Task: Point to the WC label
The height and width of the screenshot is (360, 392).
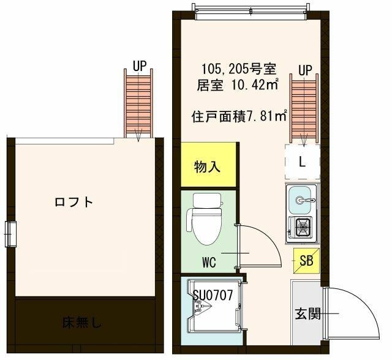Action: (209, 263)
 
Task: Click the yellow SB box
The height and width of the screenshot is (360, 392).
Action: (306, 260)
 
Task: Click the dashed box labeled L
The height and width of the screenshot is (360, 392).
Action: (302, 162)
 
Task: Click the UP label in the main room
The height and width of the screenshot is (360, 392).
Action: (306, 70)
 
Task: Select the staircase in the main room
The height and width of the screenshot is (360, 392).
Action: (304, 110)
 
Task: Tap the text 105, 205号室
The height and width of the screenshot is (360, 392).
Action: (235, 69)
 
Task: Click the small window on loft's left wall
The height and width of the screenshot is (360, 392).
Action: (10, 233)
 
